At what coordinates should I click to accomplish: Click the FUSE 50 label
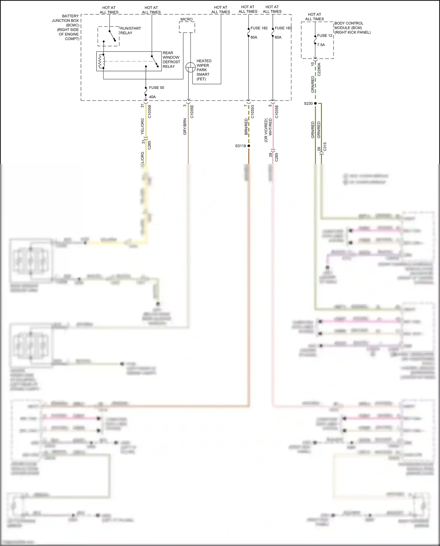[x=156, y=88]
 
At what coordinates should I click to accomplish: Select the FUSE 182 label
[x=259, y=28]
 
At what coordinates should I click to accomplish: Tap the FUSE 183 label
[x=283, y=28]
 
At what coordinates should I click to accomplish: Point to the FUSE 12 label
[x=324, y=36]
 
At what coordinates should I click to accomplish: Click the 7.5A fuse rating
[x=321, y=45]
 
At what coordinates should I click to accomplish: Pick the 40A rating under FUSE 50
[x=152, y=97]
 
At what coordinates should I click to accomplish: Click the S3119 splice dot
[x=249, y=146]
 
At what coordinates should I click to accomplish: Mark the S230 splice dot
[x=315, y=103]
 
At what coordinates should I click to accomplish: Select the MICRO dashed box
[x=187, y=27]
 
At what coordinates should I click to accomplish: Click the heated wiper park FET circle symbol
[x=191, y=67]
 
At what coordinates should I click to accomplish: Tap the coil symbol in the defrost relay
[x=101, y=61]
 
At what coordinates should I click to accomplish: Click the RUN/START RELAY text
[x=130, y=31]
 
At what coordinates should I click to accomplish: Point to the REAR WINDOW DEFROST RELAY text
[x=171, y=60]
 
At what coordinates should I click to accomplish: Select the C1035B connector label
[x=150, y=111]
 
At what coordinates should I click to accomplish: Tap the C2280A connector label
[x=319, y=69]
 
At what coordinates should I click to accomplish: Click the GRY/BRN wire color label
[x=185, y=127]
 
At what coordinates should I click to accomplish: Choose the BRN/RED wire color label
[x=246, y=127]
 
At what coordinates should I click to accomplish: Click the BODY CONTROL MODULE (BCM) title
[x=352, y=28]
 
